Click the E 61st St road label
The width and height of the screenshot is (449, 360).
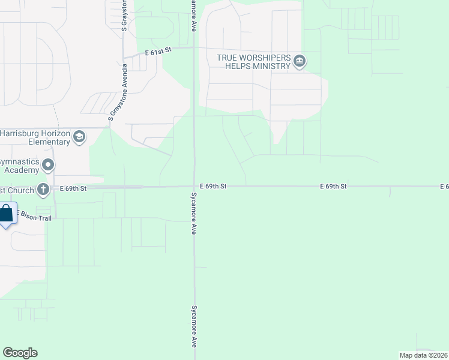point(158,52)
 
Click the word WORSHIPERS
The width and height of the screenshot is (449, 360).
point(263,58)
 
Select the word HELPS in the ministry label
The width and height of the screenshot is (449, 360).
point(238,65)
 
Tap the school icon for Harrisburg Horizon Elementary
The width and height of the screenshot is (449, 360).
point(79,137)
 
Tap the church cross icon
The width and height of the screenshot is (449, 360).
point(43,190)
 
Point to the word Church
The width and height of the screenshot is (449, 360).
point(18,190)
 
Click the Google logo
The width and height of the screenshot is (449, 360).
point(20,353)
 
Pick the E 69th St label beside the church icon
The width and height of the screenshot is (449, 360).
point(74,188)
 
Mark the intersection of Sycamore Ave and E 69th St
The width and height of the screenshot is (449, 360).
point(194,187)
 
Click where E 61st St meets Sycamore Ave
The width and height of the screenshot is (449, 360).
point(194,47)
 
